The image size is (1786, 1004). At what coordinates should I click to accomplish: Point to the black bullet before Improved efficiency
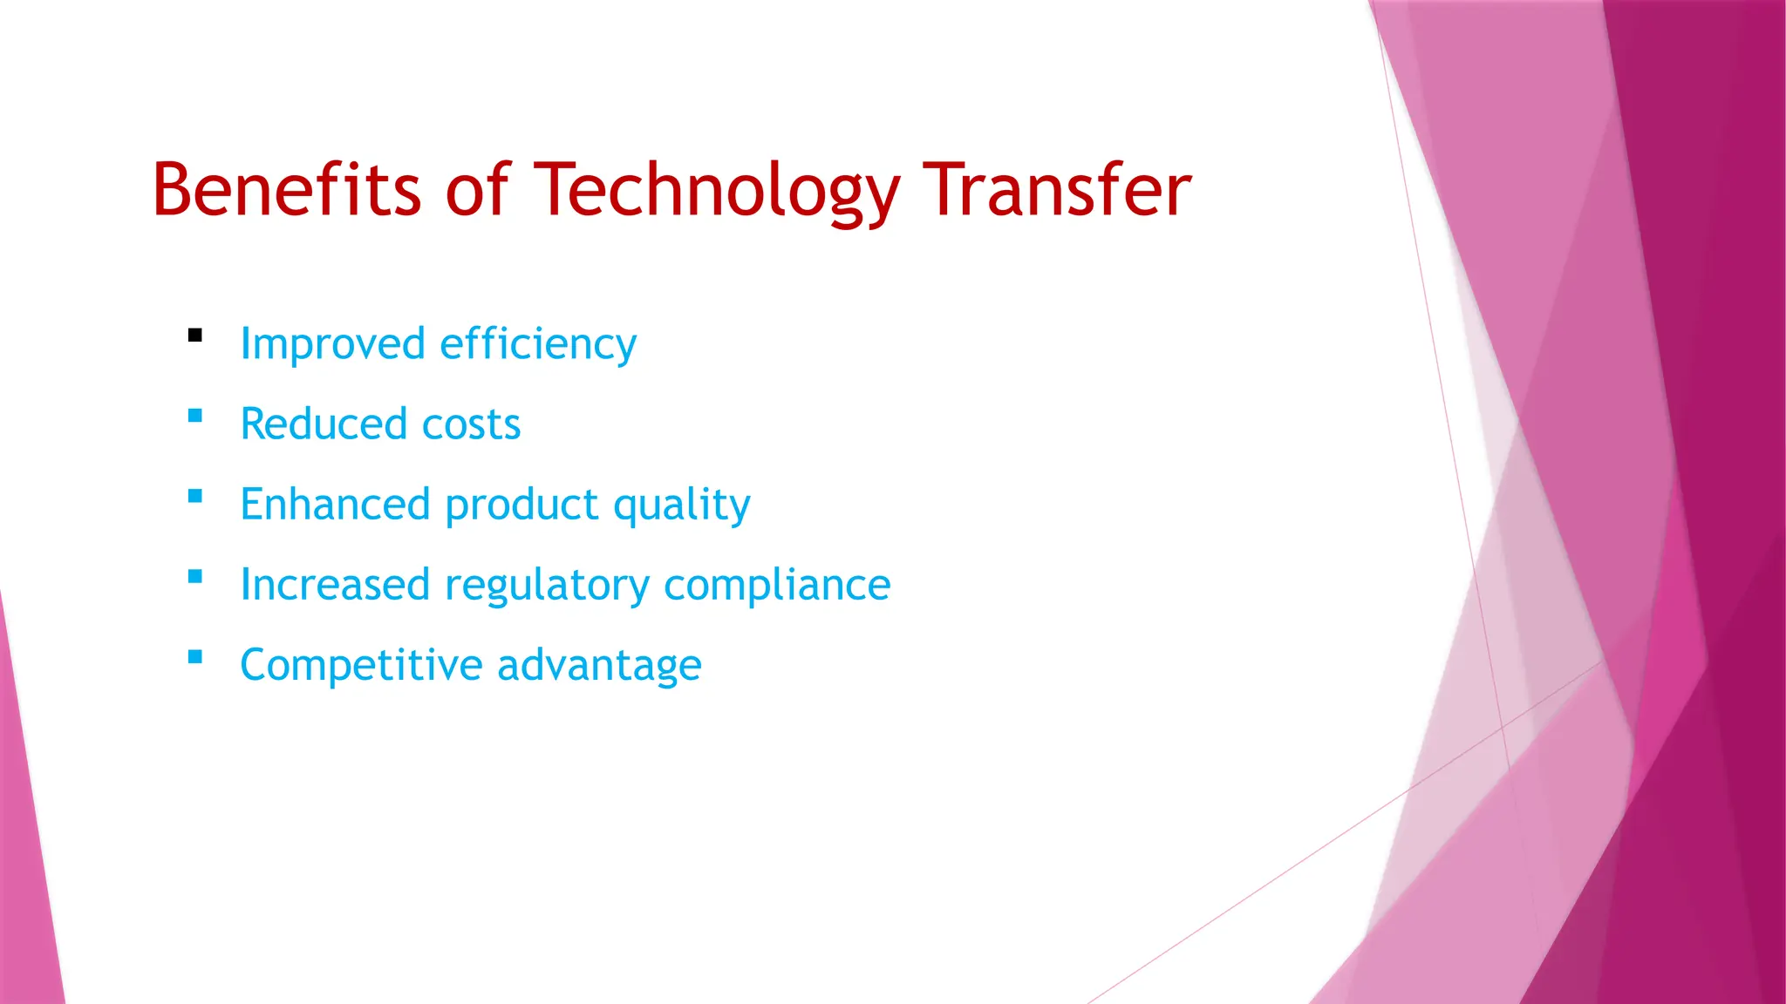(x=195, y=335)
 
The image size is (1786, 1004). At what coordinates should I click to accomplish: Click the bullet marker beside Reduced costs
(x=195, y=416)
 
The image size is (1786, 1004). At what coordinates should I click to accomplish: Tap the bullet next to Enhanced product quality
(x=195, y=496)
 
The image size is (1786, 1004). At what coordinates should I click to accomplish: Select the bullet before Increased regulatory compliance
(x=195, y=576)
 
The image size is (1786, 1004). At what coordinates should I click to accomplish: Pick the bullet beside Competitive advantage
(x=195, y=656)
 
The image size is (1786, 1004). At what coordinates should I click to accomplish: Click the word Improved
(x=332, y=344)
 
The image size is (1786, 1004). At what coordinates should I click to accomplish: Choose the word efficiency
(x=538, y=344)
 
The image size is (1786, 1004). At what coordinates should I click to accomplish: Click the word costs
(x=471, y=424)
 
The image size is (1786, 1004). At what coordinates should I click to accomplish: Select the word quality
(x=681, y=505)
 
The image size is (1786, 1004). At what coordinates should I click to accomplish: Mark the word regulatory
(x=547, y=585)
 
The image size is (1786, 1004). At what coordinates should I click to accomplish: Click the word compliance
(x=777, y=585)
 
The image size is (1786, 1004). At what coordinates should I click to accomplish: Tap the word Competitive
(x=361, y=665)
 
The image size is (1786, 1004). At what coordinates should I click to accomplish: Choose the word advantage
(x=599, y=665)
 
